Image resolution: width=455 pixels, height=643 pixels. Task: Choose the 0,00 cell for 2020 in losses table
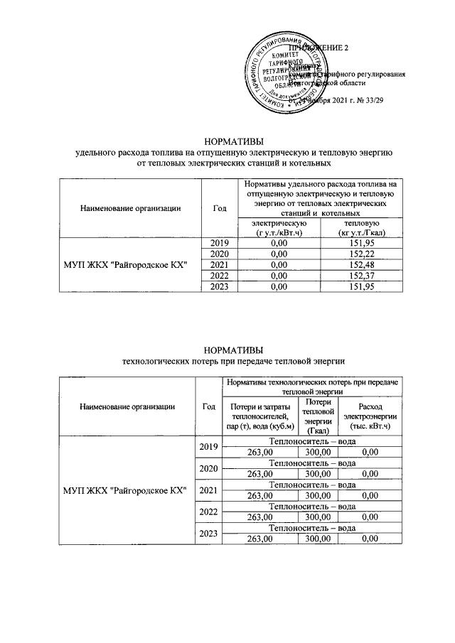368,473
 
